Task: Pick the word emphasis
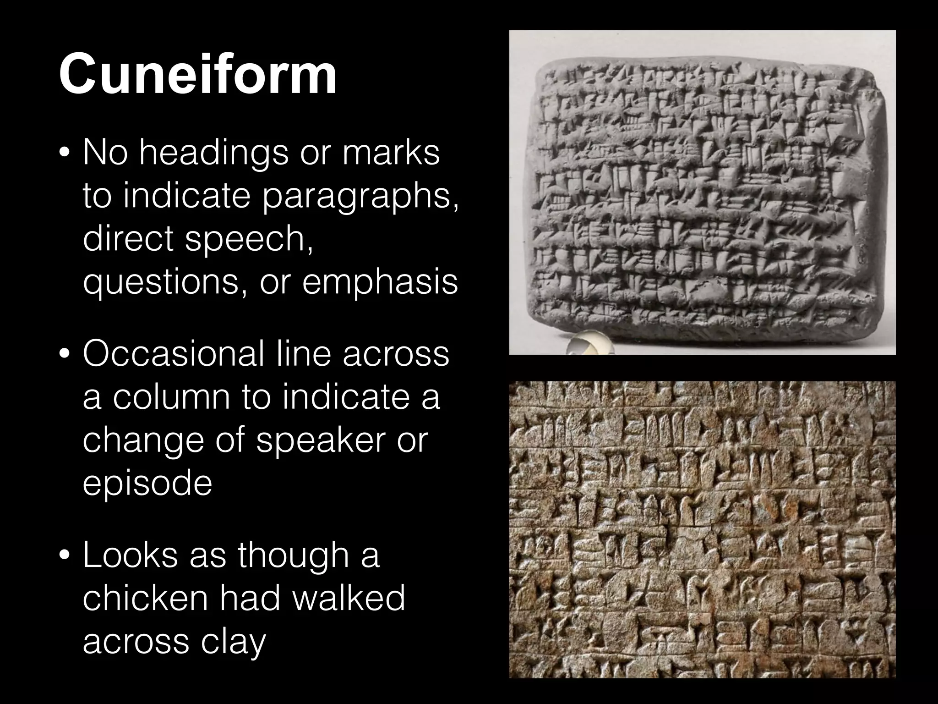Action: [380, 280]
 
